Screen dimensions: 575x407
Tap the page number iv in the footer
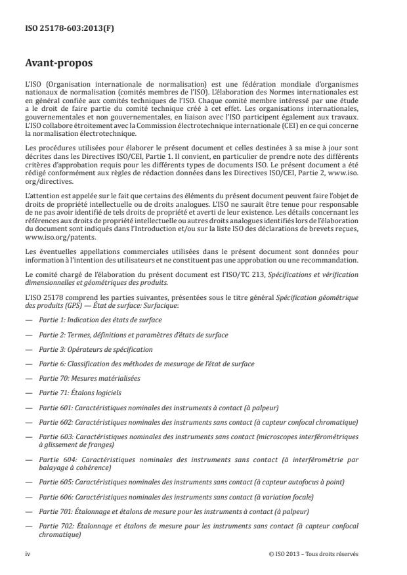(28, 553)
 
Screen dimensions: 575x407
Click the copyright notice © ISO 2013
(314, 553)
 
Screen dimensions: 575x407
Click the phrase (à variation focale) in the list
(283, 497)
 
